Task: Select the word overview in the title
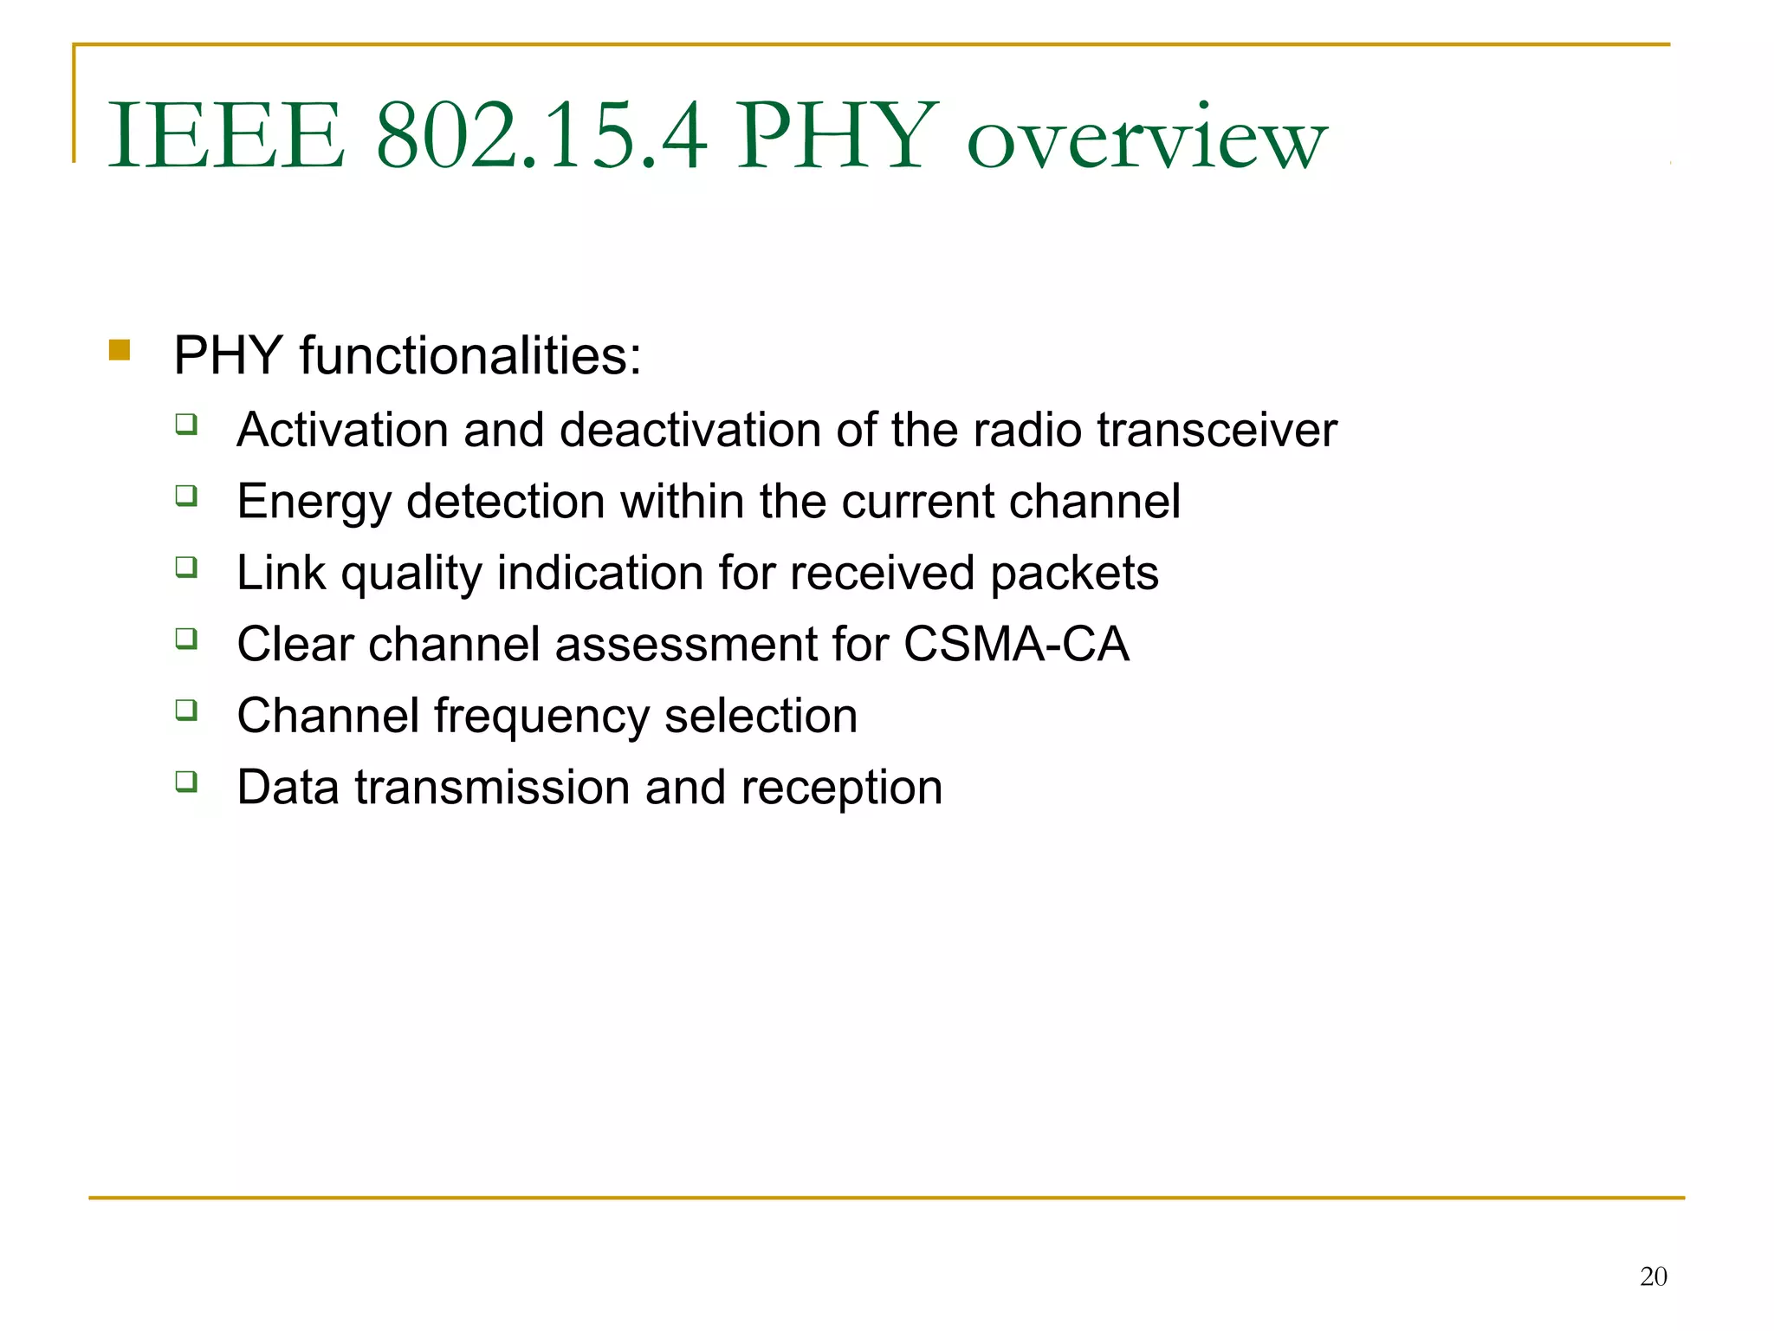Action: point(1146,139)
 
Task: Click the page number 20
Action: point(1653,1276)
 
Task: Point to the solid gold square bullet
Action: point(120,350)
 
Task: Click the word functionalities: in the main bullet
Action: point(470,355)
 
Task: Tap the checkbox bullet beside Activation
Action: point(186,425)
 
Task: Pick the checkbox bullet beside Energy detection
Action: point(186,496)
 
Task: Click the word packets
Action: point(1074,575)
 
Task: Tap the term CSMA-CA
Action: point(1015,644)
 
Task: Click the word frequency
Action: point(541,717)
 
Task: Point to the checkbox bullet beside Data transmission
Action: point(186,782)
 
